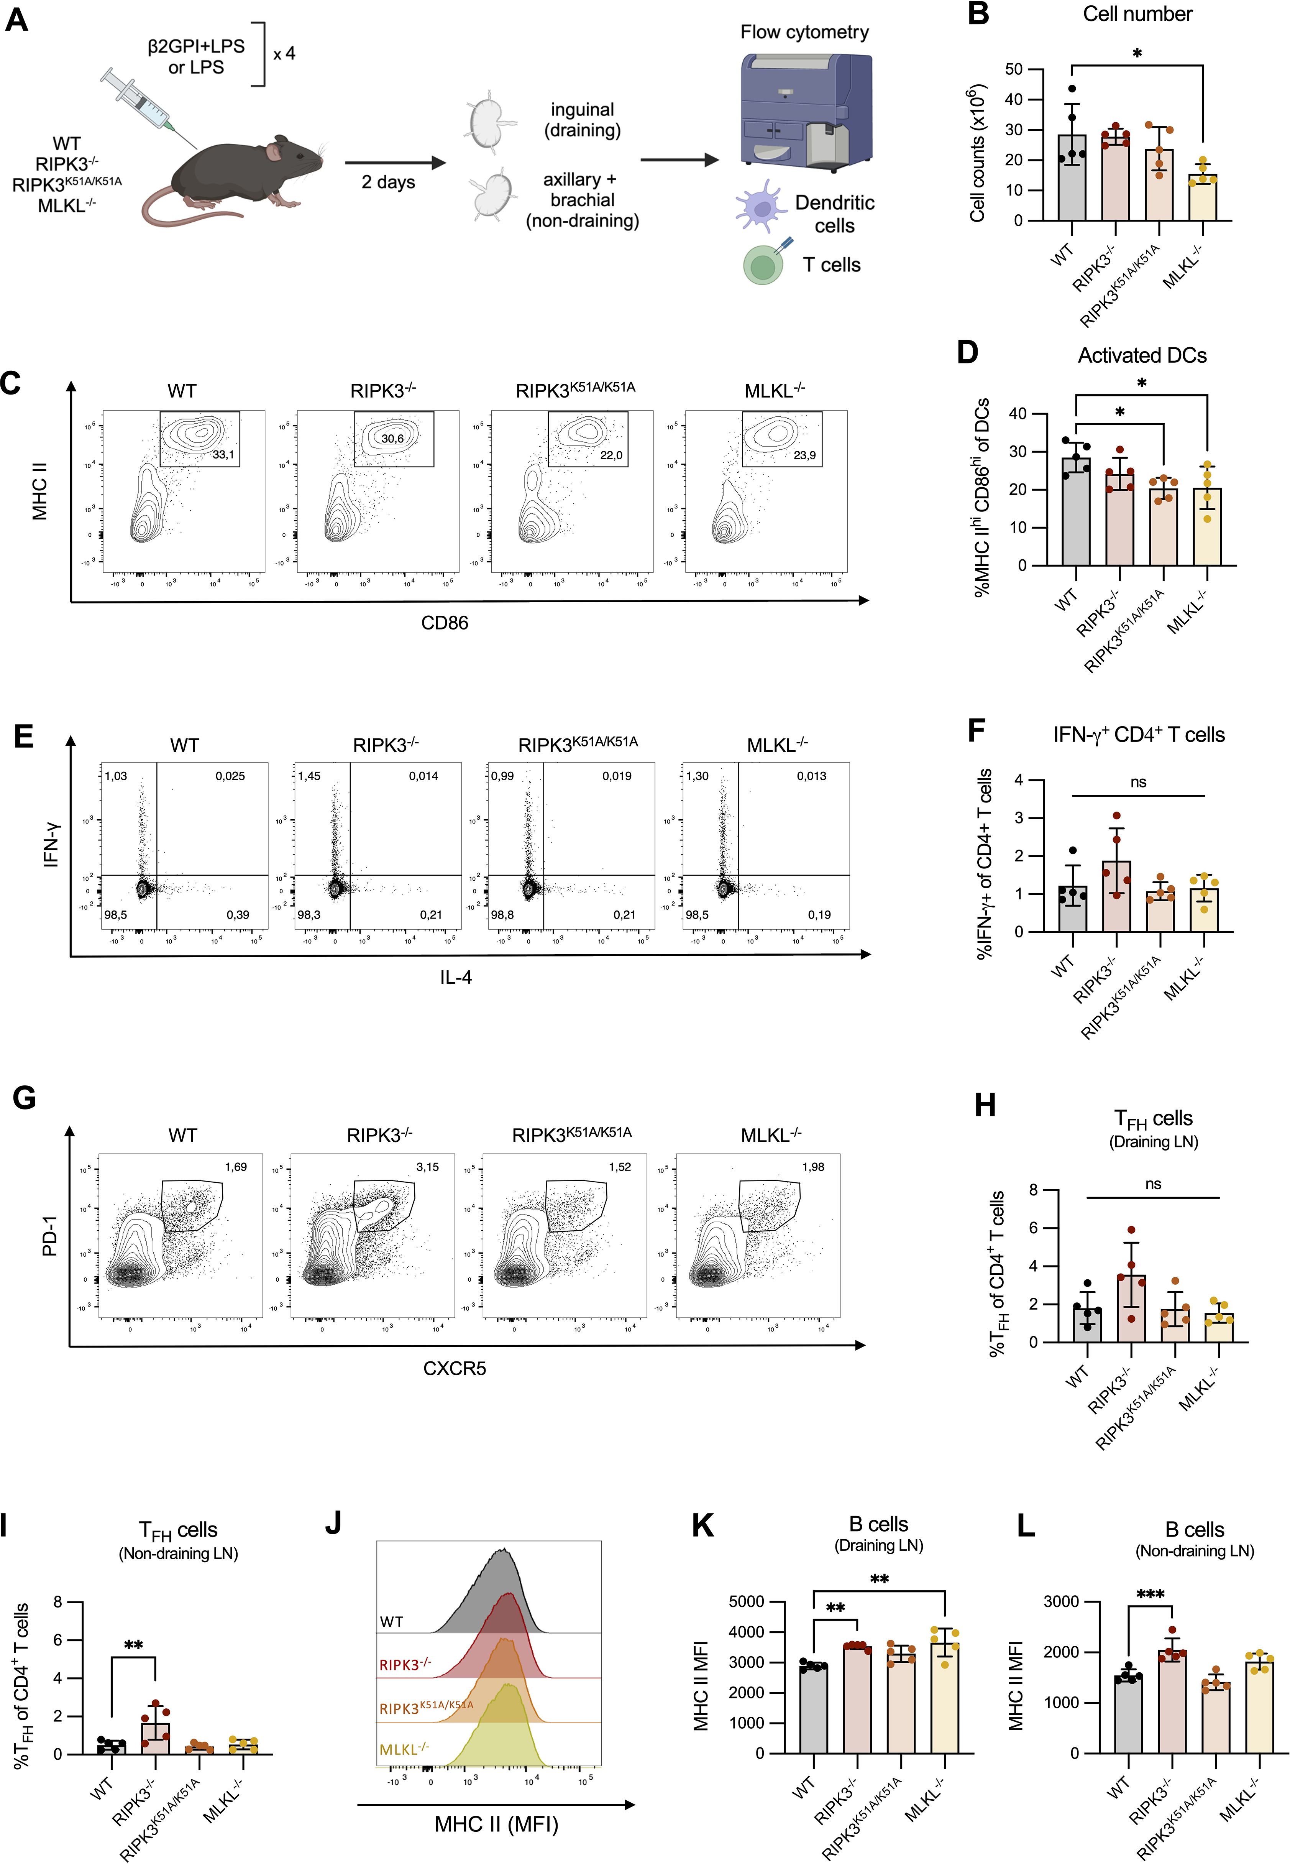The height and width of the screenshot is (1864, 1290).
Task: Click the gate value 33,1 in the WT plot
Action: [223, 455]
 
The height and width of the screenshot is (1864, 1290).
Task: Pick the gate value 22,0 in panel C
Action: [611, 455]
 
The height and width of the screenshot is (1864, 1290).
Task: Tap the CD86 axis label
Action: [445, 622]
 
